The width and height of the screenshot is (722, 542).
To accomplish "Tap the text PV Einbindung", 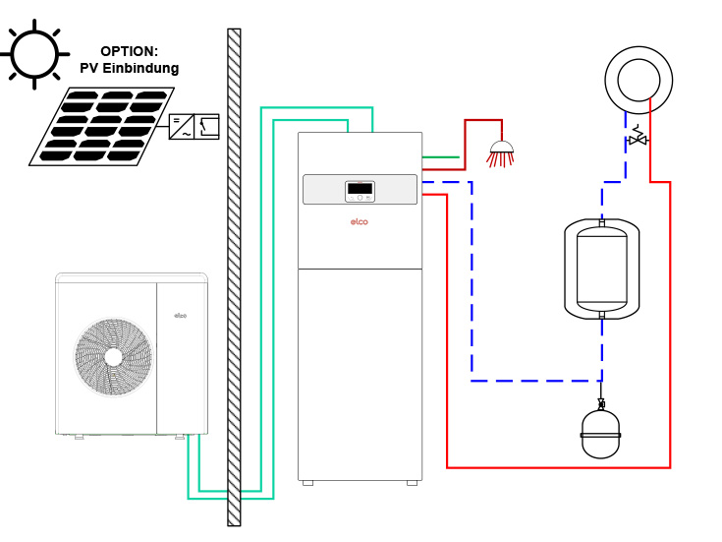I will point(129,69).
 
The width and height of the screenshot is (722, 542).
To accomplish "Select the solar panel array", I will point(103,126).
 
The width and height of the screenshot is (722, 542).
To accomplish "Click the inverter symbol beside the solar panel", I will point(194,126).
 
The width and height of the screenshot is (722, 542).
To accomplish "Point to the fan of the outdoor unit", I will point(114,357).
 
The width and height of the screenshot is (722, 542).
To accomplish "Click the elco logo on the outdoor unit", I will point(181,316).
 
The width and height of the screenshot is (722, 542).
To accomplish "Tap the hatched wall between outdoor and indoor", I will point(234,275).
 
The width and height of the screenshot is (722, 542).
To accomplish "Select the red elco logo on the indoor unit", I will point(360,222).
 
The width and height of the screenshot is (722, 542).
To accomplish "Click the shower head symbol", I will point(501,151).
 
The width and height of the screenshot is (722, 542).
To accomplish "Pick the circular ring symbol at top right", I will point(639,80).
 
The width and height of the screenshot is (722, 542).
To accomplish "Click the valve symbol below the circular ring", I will point(638,139).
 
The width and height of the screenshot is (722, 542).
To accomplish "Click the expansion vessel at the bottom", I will point(600,434).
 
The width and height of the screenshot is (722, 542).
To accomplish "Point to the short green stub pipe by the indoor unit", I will point(440,156).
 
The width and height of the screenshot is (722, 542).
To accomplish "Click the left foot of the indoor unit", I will point(307,483).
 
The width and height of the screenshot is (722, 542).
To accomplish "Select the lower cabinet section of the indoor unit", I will point(360,374).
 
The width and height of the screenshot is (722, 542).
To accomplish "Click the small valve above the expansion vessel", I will point(601,404).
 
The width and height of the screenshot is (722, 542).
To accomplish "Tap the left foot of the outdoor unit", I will point(79,437).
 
